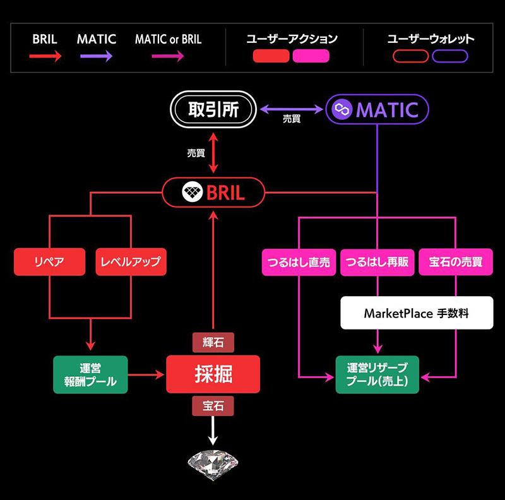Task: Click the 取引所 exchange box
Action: (213, 109)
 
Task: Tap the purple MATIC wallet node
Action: (377, 109)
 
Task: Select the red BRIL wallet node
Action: (213, 193)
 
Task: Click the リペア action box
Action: (50, 261)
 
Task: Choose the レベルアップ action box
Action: (131, 261)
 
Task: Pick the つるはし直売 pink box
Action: (299, 262)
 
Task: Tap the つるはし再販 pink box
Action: (377, 262)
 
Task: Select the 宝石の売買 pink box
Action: (456, 262)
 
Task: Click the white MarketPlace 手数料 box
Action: (417, 313)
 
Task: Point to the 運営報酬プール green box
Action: (90, 374)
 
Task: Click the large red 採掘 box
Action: (213, 374)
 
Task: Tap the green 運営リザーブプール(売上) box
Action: (377, 374)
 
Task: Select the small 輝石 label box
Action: (213, 342)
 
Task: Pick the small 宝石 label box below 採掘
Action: (213, 406)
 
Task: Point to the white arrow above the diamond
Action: (213, 431)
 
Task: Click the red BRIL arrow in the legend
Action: (45, 56)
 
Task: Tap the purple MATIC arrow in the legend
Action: (97, 56)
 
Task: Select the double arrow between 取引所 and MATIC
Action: (291, 109)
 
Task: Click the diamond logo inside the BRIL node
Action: (193, 192)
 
